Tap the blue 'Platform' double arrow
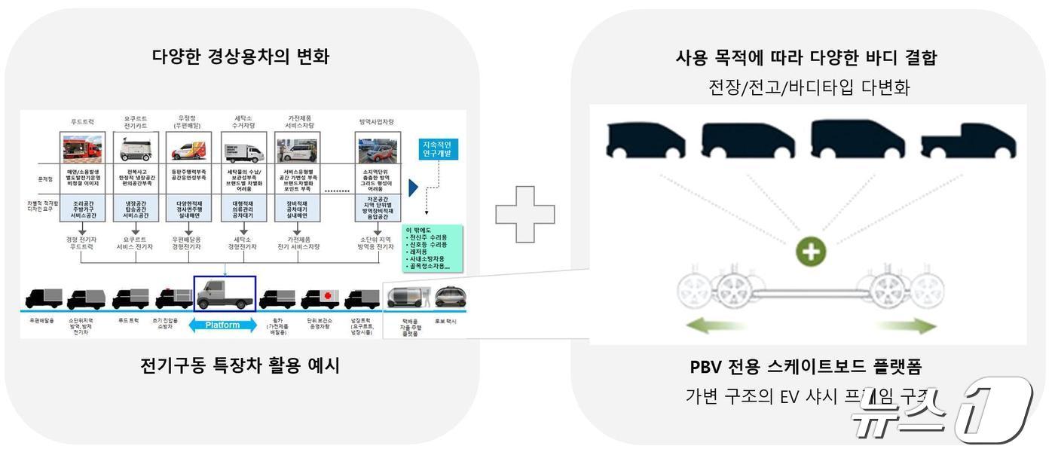coord(223,325)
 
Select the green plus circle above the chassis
coord(811,252)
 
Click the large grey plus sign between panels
coord(525,214)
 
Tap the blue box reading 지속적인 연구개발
coord(436,148)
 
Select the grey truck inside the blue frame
coord(225,294)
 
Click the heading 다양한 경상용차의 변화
coord(240,56)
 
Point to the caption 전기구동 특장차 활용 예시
coord(240,366)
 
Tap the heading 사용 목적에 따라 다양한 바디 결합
coord(806,57)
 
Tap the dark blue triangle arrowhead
coord(413,188)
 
